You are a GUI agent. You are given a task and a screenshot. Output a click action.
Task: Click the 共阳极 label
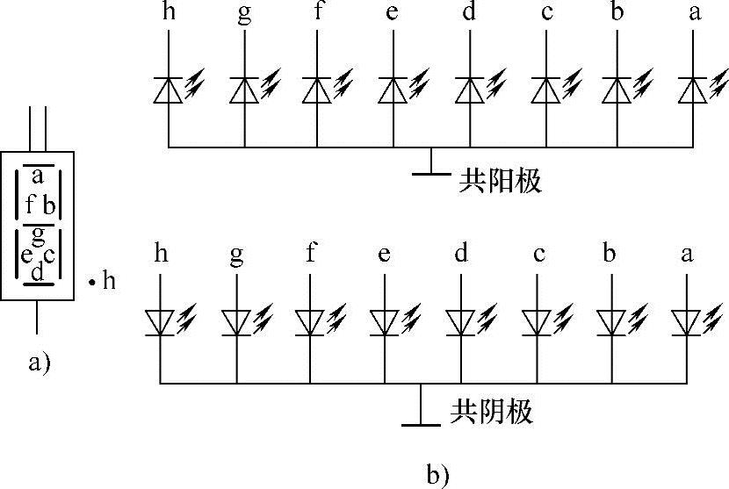500,182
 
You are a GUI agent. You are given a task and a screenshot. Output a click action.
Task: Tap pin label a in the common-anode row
695,15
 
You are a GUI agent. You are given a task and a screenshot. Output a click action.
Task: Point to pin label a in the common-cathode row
687,255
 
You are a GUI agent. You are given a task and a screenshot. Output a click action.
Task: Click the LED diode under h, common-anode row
168,90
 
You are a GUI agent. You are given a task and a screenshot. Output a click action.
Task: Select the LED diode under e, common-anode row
393,90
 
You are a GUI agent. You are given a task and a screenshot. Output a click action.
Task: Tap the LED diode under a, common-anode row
695,90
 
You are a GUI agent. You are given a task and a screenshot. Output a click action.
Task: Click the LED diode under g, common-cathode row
236,322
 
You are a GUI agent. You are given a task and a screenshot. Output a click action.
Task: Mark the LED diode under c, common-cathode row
537,322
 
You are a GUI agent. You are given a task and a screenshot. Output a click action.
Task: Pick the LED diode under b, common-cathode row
612,322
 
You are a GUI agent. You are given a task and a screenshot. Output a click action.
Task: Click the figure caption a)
40,362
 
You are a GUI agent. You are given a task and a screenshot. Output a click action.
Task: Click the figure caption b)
437,475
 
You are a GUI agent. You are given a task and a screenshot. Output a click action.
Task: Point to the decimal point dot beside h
90,283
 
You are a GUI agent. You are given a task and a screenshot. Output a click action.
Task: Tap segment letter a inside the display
37,176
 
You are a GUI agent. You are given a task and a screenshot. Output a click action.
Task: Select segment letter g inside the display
37,234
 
